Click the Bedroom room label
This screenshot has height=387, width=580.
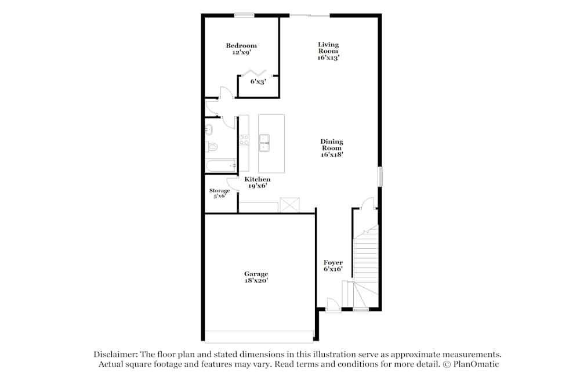coord(241,46)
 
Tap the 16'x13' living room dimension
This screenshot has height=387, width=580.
coord(328,57)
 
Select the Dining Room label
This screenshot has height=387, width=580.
coord(332,144)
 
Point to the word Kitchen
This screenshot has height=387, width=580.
coord(258,179)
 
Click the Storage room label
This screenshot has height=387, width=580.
coord(220,190)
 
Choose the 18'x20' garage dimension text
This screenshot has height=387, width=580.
coord(256,281)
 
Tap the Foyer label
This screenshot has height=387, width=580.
coord(333,263)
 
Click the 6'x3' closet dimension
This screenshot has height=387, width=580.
coord(258,82)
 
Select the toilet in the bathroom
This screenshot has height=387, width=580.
coord(211,147)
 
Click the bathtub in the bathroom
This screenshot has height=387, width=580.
coord(221,165)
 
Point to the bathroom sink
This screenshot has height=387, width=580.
coord(209,129)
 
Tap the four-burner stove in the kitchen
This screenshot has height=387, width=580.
coord(244,140)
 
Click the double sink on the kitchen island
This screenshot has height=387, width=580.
coord(264,143)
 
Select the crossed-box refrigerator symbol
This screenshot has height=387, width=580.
coord(289,205)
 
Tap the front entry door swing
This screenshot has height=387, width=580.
coord(332,306)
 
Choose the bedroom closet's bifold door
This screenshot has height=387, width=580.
coord(256,73)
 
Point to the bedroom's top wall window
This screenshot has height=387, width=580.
coord(244,15)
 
